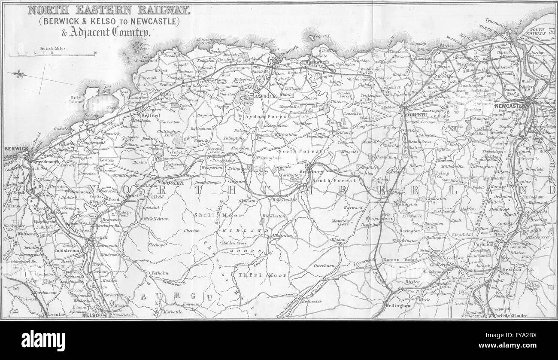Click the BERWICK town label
click(x=16, y=149)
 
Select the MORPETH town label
click(x=414, y=115)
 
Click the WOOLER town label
click(x=172, y=183)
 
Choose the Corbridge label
click(x=485, y=244)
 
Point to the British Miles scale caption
click(x=54, y=49)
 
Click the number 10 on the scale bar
click(x=95, y=53)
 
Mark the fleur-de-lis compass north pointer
click(x=20, y=74)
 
